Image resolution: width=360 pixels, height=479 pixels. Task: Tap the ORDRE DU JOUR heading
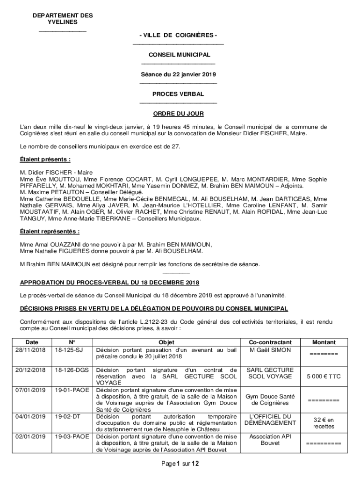179,114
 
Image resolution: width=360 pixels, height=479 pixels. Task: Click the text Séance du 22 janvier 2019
179,74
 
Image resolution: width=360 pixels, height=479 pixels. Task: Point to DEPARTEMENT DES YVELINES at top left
63,19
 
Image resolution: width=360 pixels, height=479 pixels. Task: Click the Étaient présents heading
45,159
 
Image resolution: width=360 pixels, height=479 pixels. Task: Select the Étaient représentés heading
50,231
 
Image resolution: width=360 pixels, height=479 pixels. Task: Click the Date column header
32,342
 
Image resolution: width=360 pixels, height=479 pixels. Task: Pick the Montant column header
324,342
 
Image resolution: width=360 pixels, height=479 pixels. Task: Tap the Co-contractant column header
270,342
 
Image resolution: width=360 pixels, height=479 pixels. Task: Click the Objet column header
166,342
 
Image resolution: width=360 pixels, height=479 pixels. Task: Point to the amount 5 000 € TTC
324,376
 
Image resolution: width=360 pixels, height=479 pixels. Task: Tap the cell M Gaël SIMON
270,350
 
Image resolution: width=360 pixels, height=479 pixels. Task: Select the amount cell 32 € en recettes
324,423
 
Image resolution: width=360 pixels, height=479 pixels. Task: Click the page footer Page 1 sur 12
180,464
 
